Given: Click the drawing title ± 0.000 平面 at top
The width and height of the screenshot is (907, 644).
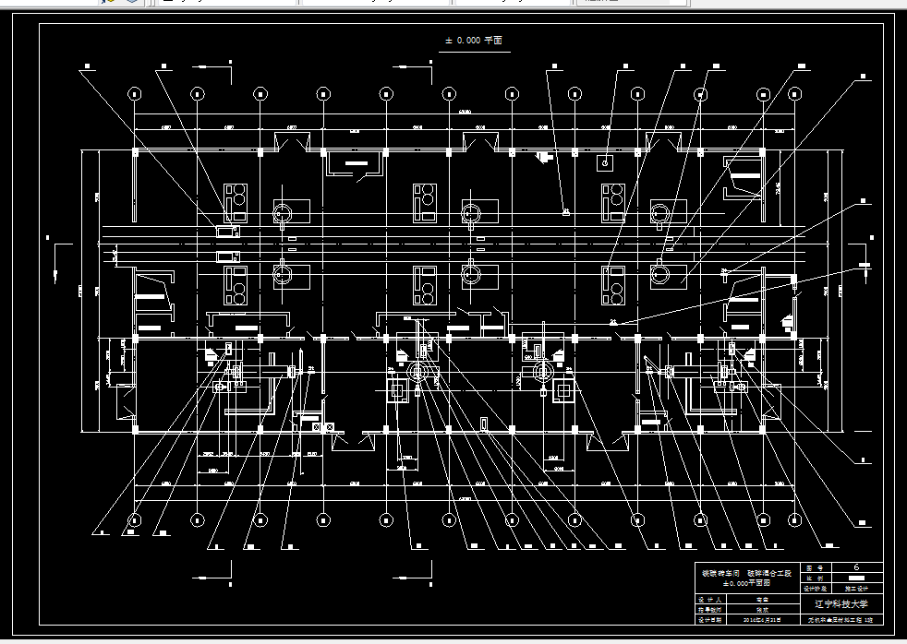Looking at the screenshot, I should pos(473,41).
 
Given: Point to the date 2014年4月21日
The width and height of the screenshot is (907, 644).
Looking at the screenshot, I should pos(763,620).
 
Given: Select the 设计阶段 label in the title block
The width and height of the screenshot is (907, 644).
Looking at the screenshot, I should pos(815,587).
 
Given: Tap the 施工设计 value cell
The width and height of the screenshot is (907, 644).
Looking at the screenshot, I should pos(856,587).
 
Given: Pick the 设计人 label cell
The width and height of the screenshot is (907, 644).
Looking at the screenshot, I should pos(709,598).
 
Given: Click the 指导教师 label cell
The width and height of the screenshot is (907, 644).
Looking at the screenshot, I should pos(709,609).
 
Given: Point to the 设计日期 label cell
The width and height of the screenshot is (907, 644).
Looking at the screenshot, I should pos(709,620).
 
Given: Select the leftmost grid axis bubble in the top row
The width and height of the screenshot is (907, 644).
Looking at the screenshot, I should pos(135,93).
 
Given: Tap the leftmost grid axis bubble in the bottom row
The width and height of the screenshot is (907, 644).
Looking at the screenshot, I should pos(135,519).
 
